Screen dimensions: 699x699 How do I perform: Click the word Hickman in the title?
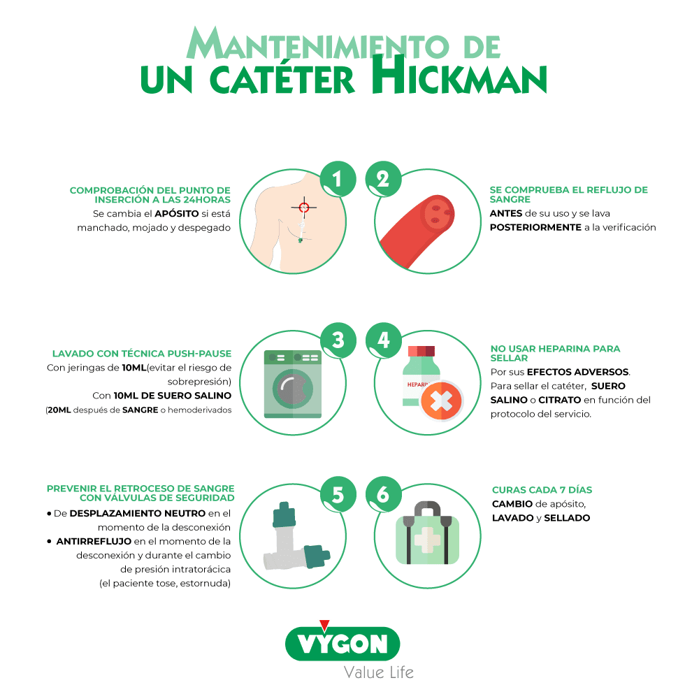pos(460,75)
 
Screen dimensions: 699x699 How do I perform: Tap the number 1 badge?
pos(338,179)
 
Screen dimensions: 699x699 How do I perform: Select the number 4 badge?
pos(383,340)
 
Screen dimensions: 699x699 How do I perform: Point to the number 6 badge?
pos(383,494)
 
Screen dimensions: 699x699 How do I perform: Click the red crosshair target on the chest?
pos(304,208)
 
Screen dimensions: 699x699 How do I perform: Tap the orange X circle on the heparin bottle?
pos(441,401)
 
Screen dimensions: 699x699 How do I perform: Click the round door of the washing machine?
pos(293,389)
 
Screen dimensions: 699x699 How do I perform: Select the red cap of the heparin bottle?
pos(421,351)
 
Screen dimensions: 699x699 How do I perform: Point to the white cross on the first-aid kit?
pos(427,540)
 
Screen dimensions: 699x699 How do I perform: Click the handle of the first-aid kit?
pos(428,507)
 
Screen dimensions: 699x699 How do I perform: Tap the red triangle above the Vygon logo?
pos(324,625)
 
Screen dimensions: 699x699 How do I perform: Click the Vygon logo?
pos(343,644)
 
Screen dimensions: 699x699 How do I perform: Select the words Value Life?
pos(378,672)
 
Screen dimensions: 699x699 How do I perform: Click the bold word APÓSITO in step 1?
pos(177,213)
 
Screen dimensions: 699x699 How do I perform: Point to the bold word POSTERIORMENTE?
pos(535,227)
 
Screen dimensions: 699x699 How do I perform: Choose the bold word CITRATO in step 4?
pos(559,400)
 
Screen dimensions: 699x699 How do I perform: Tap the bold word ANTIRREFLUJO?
pos(94,541)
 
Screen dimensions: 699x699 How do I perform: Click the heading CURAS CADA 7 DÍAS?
pos(542,489)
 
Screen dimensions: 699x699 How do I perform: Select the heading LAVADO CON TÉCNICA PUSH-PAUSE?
pos(142,354)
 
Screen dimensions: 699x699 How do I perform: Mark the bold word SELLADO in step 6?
pos(567,517)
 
